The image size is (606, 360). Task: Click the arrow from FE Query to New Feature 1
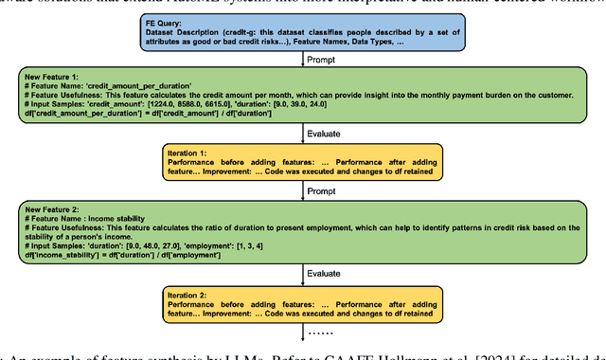pyautogui.click(x=303, y=57)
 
